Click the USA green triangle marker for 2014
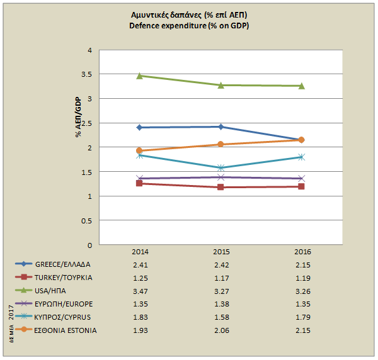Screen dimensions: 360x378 (x=139, y=76)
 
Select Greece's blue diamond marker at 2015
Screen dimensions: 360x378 (x=220, y=127)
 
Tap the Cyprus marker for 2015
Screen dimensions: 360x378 (x=220, y=168)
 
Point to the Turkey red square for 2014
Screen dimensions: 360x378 (x=139, y=183)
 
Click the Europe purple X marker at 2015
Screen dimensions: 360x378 (x=220, y=177)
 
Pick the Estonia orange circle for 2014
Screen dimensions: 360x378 (x=139, y=150)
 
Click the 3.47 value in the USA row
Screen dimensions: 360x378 (x=139, y=290)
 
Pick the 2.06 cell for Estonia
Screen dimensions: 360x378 (x=220, y=330)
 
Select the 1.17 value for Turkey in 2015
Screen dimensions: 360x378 (x=220, y=277)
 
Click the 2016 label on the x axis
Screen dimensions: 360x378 (x=302, y=251)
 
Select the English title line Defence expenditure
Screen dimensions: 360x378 (x=189, y=25)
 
